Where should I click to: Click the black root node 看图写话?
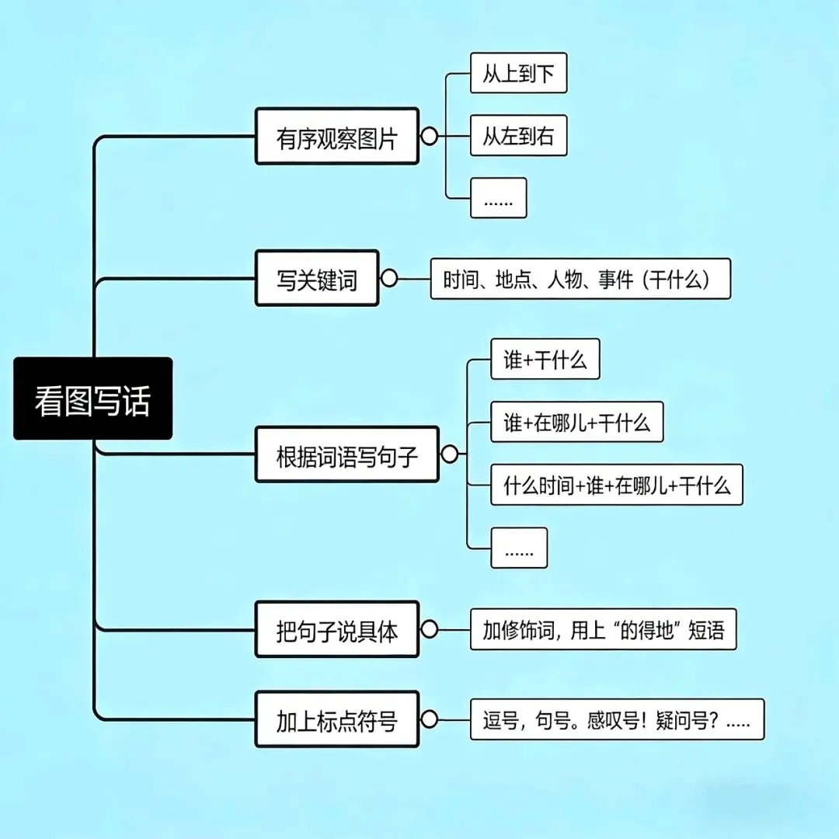pos(92,399)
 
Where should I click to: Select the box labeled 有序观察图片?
pos(336,137)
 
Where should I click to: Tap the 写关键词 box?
pos(317,278)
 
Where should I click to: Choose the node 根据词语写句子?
pos(346,454)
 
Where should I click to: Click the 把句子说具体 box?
pos(336,629)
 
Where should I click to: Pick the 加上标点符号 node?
pos(336,719)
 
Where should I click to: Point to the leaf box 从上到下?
pos(518,73)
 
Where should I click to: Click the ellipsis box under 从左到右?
pos(498,198)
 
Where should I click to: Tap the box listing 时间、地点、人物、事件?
pos(580,278)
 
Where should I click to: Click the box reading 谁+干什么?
pos(545,359)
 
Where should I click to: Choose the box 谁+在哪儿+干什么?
pos(576,422)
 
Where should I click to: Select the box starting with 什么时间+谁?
pos(616,485)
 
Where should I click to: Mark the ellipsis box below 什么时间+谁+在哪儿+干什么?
pos(519,548)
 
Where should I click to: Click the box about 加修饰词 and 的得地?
pos(603,629)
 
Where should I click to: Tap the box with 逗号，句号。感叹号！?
pos(617,719)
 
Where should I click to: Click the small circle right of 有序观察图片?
pos(429,137)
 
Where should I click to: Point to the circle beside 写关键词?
pos(389,278)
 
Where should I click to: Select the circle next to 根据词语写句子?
pos(449,454)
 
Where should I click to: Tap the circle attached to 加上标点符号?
pos(429,719)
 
